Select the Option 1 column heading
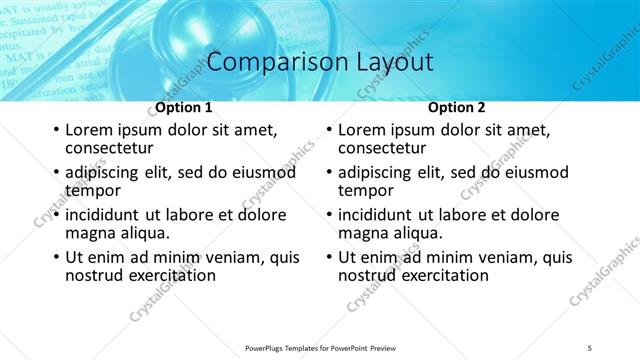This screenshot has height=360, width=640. pos(183,107)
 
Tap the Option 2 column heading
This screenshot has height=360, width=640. pos(456,107)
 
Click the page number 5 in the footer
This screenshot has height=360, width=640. pos(590,347)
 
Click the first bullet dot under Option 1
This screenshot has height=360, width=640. pos(55,130)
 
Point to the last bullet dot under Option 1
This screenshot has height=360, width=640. pos(55,258)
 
